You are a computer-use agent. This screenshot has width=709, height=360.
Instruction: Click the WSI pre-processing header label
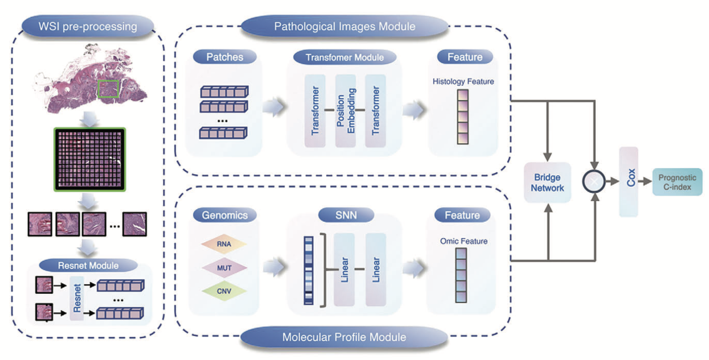88,26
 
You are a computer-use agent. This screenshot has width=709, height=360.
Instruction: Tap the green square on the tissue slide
108,89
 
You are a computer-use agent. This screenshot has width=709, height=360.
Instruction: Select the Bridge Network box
547,182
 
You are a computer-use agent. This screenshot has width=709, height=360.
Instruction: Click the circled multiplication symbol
594,181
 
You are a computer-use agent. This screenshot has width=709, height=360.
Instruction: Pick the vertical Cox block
628,181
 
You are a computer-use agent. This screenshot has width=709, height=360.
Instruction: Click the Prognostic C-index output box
677,182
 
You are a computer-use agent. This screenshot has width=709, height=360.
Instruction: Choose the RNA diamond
224,244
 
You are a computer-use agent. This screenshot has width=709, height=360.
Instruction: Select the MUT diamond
224,268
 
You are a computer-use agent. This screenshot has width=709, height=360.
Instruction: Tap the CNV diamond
224,291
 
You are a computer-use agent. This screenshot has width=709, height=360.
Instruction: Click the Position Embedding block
345,111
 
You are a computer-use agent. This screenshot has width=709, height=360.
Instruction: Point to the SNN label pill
346,215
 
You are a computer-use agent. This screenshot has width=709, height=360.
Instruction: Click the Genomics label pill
225,215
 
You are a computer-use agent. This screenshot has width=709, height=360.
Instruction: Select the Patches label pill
225,57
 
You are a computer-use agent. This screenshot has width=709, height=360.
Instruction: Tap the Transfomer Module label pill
345,57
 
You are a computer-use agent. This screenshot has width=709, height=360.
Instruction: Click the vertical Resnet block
77,298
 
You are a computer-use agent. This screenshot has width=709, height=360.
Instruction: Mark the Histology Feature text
463,81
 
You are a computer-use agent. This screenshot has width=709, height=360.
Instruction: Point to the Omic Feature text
464,241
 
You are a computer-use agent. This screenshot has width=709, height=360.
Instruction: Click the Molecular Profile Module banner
344,337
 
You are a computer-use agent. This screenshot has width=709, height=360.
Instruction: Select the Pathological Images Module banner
345,26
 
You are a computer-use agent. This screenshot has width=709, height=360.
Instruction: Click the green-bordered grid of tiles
90,159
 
